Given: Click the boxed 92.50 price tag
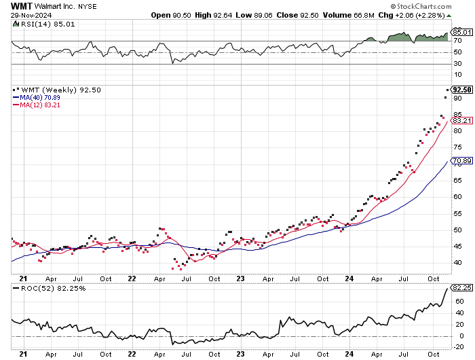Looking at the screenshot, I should (461, 90).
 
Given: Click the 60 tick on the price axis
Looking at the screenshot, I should (458, 196).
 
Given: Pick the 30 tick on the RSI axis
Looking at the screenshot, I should (458, 63).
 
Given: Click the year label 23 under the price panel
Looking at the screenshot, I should (242, 278).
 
